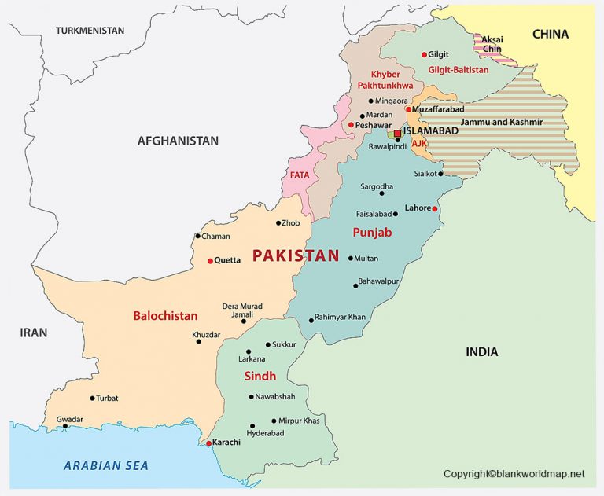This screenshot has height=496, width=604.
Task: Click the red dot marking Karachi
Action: click(x=208, y=443)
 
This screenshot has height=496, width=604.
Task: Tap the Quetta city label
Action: click(x=228, y=261)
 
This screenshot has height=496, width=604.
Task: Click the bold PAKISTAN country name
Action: click(x=295, y=255)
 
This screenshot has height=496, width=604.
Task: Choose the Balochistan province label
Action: click(x=165, y=315)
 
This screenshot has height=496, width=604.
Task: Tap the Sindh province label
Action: click(x=260, y=376)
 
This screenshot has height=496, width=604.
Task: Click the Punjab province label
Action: click(x=373, y=233)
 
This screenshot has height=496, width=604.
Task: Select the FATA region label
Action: click(x=300, y=175)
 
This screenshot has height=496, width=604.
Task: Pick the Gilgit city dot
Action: click(x=424, y=54)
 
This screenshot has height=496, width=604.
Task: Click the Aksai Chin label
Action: click(x=492, y=44)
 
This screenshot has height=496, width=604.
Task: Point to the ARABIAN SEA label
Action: click(x=106, y=465)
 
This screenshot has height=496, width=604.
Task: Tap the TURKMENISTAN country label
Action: click(x=90, y=30)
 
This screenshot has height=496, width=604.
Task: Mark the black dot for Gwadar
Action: click(x=65, y=427)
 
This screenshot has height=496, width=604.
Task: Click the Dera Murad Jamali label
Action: click(x=243, y=310)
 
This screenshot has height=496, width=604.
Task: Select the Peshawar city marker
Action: click(x=351, y=124)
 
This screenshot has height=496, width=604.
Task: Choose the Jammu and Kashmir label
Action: click(x=502, y=123)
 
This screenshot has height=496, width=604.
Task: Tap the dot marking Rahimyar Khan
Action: click(x=311, y=320)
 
